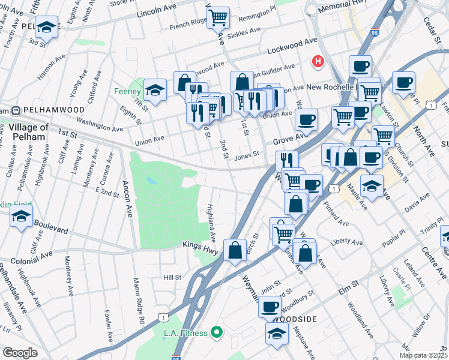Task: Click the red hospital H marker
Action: tap(317, 61)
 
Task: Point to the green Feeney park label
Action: tap(127, 92)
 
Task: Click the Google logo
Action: tap(20, 352)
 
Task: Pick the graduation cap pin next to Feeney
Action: tap(155, 91)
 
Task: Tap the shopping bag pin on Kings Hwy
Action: tap(235, 250)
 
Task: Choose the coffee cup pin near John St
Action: tap(270, 307)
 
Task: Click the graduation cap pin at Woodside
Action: tap(277, 333)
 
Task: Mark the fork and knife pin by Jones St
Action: tap(287, 161)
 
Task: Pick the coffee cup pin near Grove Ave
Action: tap(306, 119)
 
